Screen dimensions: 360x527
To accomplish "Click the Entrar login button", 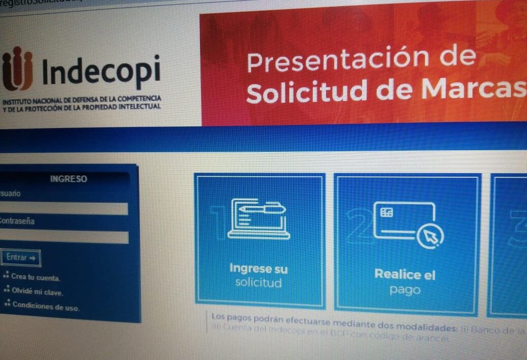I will pos(21,257).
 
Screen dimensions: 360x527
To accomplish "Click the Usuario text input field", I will pos(64,209).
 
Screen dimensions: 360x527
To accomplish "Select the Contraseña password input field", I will pos(64,237).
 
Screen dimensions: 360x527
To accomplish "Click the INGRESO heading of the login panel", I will pos(69,179).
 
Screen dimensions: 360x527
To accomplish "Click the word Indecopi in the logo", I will pos(101,72).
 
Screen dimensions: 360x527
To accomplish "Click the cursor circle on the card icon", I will pos(431,236).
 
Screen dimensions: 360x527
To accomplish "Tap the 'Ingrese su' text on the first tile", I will pos(258,268).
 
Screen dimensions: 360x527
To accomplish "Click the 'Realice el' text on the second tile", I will pos(405,275).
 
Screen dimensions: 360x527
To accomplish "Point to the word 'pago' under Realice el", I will pos(405,290).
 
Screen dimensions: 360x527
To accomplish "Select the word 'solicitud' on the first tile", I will pos(258,282).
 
